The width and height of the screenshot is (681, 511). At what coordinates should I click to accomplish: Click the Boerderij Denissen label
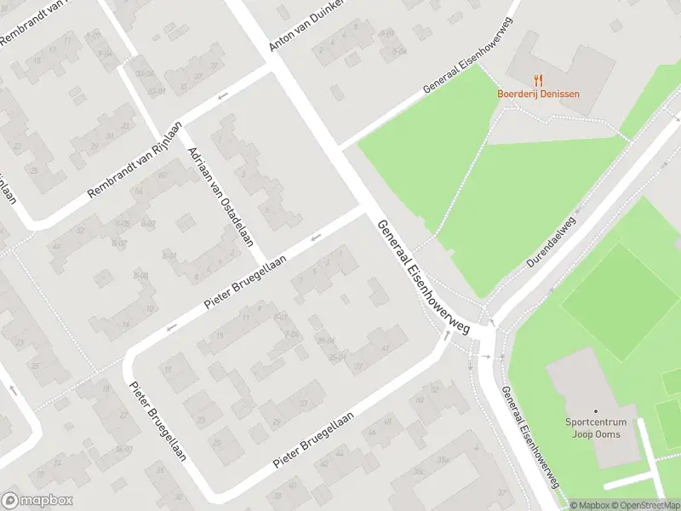point(538,94)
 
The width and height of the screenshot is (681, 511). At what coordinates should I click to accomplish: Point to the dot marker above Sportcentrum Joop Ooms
point(596,411)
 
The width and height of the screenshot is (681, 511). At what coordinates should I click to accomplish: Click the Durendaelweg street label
point(551,242)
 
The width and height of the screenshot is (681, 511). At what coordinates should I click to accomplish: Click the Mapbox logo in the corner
point(37,501)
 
